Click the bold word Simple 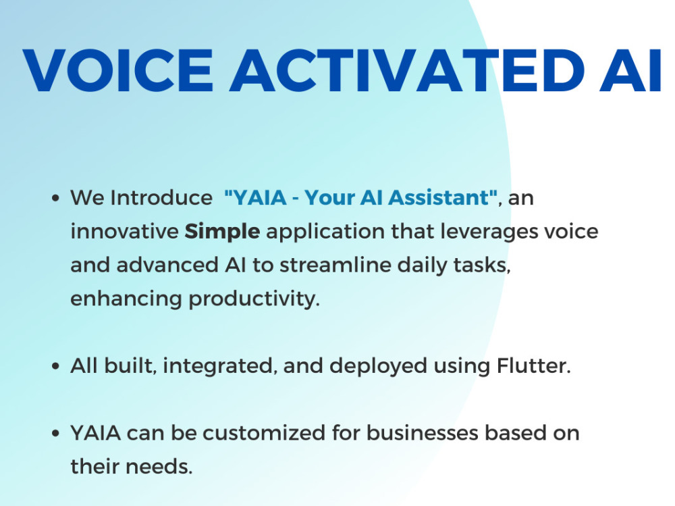coord(223,232)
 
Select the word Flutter coord(533,366)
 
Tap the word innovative coord(124,232)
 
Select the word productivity coord(254,299)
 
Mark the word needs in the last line coord(162,467)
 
